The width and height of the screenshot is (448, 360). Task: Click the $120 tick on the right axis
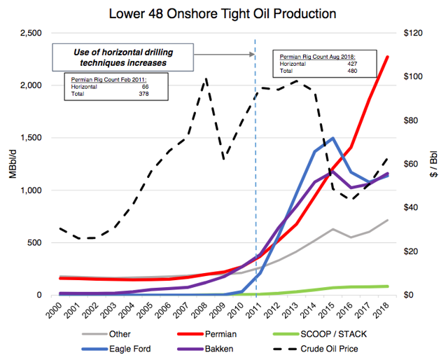[x=410, y=34]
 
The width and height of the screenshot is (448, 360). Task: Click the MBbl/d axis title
[x=12, y=165]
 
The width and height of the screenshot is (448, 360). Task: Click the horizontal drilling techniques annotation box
[x=124, y=57]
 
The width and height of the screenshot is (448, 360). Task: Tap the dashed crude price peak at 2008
[x=205, y=78]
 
